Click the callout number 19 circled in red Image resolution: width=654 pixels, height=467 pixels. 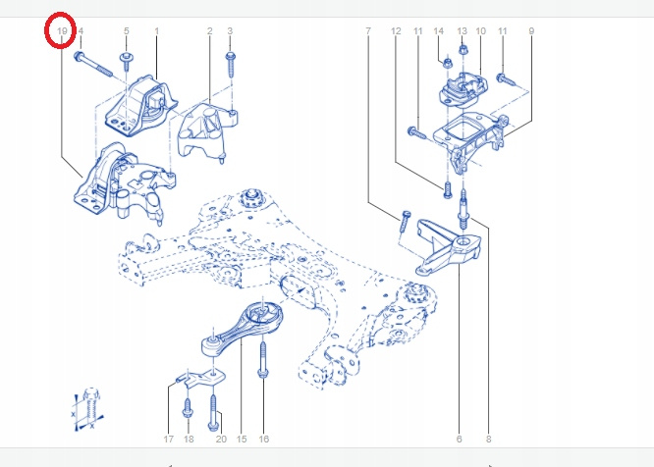point(62,30)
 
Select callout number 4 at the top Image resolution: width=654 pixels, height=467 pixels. point(81,30)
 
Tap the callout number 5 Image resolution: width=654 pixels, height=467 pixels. point(127,30)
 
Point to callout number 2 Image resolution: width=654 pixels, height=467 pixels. point(209,30)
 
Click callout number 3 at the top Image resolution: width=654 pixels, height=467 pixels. point(230,30)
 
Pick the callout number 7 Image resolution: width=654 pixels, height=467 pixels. point(368,30)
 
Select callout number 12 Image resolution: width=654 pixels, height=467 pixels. point(396,30)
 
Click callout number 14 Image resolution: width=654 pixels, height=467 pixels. point(438,30)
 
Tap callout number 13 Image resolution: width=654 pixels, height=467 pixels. point(462,30)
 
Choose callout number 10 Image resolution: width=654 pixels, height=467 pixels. point(480,30)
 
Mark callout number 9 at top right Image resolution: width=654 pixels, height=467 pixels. point(531,30)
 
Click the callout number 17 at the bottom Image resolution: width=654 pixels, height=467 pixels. point(168,440)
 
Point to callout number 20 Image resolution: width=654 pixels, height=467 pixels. point(221,440)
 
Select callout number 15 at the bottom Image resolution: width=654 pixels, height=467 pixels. point(242,440)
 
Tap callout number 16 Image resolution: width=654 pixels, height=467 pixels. point(263,440)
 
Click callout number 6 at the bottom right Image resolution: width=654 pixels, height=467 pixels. point(459,440)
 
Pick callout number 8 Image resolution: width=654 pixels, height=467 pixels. point(488,440)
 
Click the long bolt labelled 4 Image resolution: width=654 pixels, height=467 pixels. point(93,65)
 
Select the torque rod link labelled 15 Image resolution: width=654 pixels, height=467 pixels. point(242,329)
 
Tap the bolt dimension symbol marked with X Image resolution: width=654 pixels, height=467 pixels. point(87,409)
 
